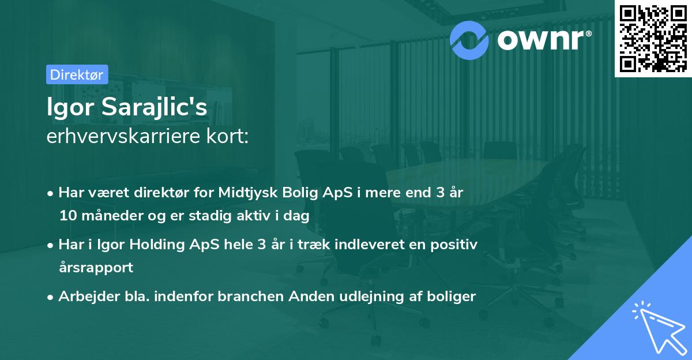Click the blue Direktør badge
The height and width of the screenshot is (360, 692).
77,74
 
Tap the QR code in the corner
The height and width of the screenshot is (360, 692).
653,38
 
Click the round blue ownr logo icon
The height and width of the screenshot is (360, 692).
469,40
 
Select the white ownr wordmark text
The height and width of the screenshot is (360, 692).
544,40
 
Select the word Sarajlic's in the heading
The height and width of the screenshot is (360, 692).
154,107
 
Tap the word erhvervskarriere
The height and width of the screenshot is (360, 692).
123,136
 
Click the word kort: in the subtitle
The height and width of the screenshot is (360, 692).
227,136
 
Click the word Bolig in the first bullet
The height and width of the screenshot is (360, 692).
300,193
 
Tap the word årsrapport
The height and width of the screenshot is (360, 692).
96,268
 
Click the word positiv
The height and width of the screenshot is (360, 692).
454,245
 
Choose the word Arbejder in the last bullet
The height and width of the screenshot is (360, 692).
89,297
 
